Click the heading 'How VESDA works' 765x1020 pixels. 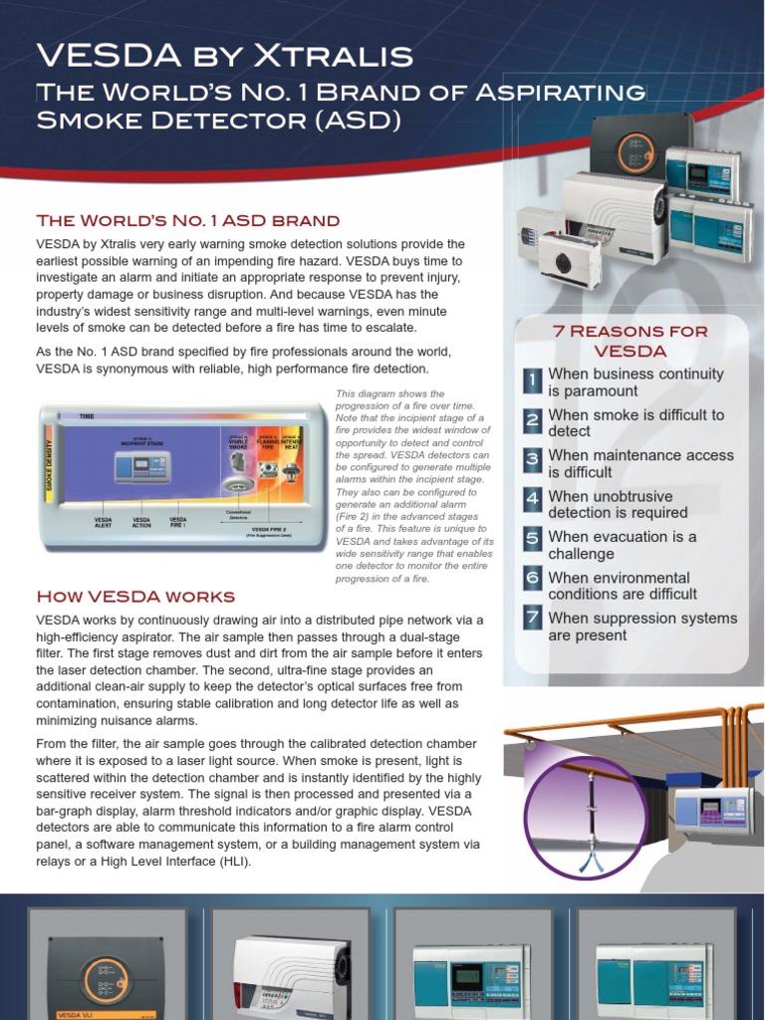[135, 597]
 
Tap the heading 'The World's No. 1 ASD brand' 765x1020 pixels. [188, 220]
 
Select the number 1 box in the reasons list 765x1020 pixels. [533, 381]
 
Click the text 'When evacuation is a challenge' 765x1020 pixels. [622, 545]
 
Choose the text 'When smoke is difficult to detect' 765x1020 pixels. [636, 422]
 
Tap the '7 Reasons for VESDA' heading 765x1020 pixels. [630, 341]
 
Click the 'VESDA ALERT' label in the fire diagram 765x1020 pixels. [103, 522]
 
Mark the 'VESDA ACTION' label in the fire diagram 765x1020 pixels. [141, 522]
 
